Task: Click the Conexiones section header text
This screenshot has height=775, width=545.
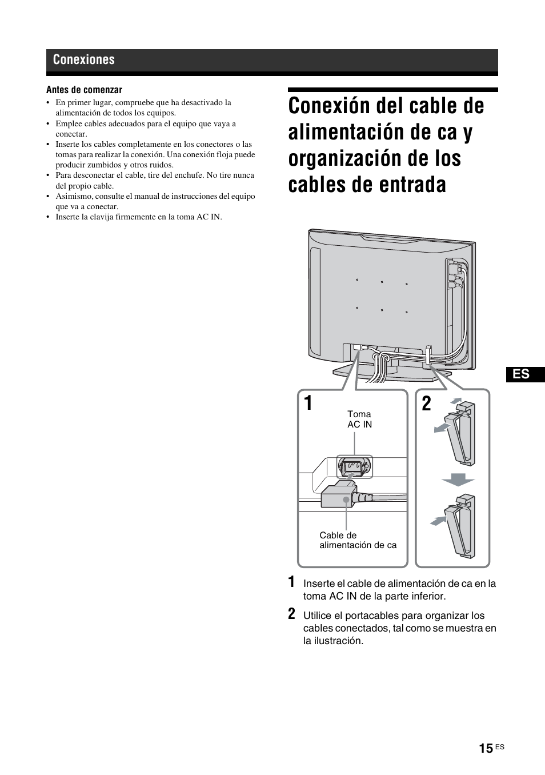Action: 83,60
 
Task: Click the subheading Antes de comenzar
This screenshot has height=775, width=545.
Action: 84,90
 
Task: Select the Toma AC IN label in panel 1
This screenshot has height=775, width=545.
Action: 359,419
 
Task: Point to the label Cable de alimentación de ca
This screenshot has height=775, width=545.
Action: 358,540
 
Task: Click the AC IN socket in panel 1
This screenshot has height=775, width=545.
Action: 354,467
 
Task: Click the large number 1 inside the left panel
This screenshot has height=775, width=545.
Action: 308,404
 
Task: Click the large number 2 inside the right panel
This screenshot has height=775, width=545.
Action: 426,404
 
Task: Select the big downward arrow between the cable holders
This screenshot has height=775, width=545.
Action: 458,480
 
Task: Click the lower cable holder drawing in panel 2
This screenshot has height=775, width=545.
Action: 462,528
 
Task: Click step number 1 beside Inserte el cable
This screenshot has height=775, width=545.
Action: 292,582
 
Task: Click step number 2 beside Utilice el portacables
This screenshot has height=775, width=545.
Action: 292,614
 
